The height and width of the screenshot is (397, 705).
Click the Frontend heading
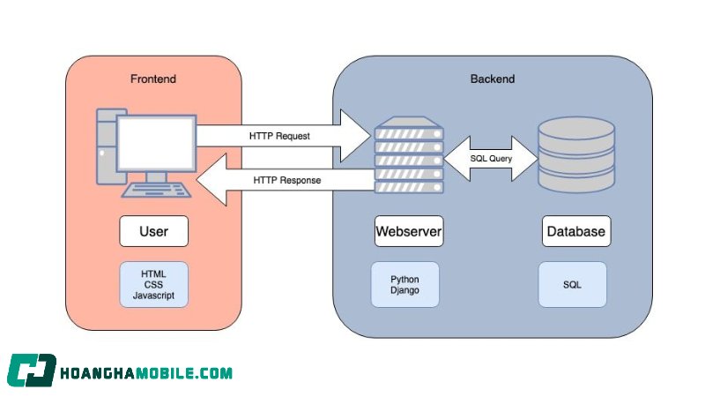(x=152, y=79)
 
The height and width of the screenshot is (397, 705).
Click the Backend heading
(x=493, y=79)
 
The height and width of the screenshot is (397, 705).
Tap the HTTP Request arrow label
(x=279, y=136)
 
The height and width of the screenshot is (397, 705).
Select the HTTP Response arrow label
(x=287, y=180)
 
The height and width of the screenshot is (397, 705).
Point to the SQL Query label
(x=491, y=159)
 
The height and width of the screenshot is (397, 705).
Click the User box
(x=153, y=231)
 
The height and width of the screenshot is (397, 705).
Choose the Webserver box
(x=409, y=231)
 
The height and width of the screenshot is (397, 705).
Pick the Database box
(x=576, y=231)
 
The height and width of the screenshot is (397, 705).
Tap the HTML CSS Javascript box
(x=153, y=284)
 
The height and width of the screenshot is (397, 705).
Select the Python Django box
(x=404, y=284)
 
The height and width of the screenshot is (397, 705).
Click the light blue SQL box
(x=572, y=284)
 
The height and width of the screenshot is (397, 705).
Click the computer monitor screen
(x=156, y=143)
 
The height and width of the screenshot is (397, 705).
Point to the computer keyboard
(x=156, y=190)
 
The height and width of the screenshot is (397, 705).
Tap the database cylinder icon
(x=576, y=154)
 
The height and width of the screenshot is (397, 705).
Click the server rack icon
(x=409, y=155)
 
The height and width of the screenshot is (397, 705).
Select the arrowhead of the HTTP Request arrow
(x=356, y=136)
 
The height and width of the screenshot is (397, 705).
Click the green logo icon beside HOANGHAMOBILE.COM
(x=32, y=371)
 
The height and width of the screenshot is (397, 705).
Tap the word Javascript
(x=153, y=296)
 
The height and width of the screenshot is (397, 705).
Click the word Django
(x=404, y=290)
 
